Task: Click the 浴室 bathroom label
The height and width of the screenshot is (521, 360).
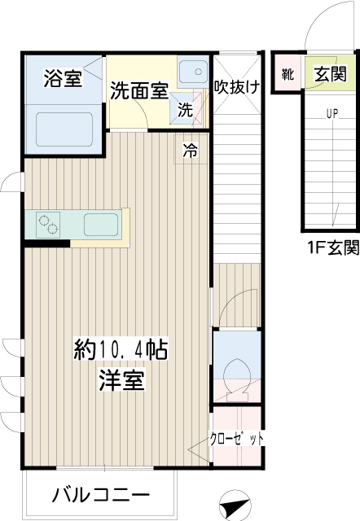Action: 63,78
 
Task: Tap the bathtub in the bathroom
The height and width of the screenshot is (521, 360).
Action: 64,129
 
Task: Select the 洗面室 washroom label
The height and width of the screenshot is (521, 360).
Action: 139,90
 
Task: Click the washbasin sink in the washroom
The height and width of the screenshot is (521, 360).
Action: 193,71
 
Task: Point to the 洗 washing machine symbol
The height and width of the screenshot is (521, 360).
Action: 185,109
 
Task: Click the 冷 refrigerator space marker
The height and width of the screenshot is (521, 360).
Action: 190,150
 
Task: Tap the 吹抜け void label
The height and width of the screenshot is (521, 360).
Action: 237,87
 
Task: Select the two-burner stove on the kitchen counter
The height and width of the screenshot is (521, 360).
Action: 48,225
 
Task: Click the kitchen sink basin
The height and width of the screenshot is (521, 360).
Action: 101,225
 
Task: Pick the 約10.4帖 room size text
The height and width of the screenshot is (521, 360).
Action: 121,349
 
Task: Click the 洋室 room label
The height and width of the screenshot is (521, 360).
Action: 121,380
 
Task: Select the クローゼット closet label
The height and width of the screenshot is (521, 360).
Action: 236,440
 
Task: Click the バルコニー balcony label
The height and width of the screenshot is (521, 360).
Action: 101,496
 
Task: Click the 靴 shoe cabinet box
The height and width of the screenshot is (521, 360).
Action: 288,73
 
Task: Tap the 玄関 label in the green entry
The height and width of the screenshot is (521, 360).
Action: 331,73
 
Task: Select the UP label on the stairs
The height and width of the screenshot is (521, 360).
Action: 332,114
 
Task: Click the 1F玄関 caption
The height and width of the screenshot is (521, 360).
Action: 333,247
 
